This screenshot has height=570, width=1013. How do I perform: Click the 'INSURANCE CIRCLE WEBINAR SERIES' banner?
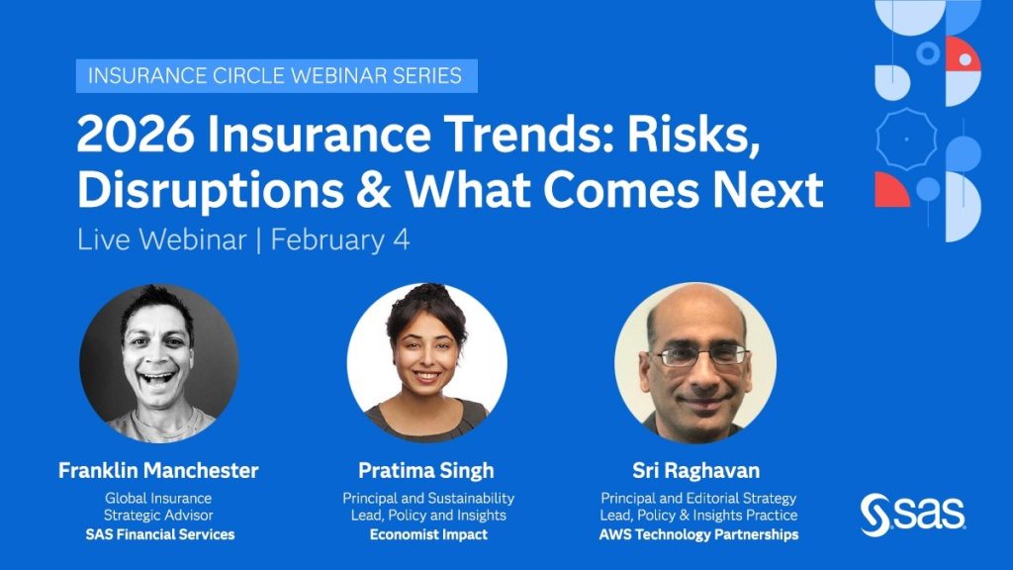(x=277, y=75)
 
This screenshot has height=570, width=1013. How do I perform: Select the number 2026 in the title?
(x=135, y=135)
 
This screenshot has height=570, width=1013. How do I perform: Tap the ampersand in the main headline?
(x=373, y=189)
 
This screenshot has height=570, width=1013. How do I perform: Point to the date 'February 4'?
(x=340, y=239)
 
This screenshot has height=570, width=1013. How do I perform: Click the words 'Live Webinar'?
(x=161, y=239)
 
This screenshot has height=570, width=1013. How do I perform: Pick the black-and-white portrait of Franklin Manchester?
(x=159, y=363)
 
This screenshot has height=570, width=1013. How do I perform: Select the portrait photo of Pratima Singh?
(x=427, y=363)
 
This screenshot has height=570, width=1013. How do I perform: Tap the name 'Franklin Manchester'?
(x=158, y=470)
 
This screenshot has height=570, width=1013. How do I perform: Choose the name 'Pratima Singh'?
(x=426, y=470)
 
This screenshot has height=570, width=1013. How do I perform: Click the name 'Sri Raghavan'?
(x=696, y=470)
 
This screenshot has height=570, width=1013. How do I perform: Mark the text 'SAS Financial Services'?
(x=160, y=534)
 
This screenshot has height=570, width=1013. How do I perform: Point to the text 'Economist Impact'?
(x=428, y=534)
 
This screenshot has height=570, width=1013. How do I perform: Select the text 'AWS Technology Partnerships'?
(x=698, y=534)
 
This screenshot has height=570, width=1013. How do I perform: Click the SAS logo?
(x=912, y=515)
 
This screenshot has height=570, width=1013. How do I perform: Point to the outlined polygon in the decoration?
(x=906, y=139)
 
